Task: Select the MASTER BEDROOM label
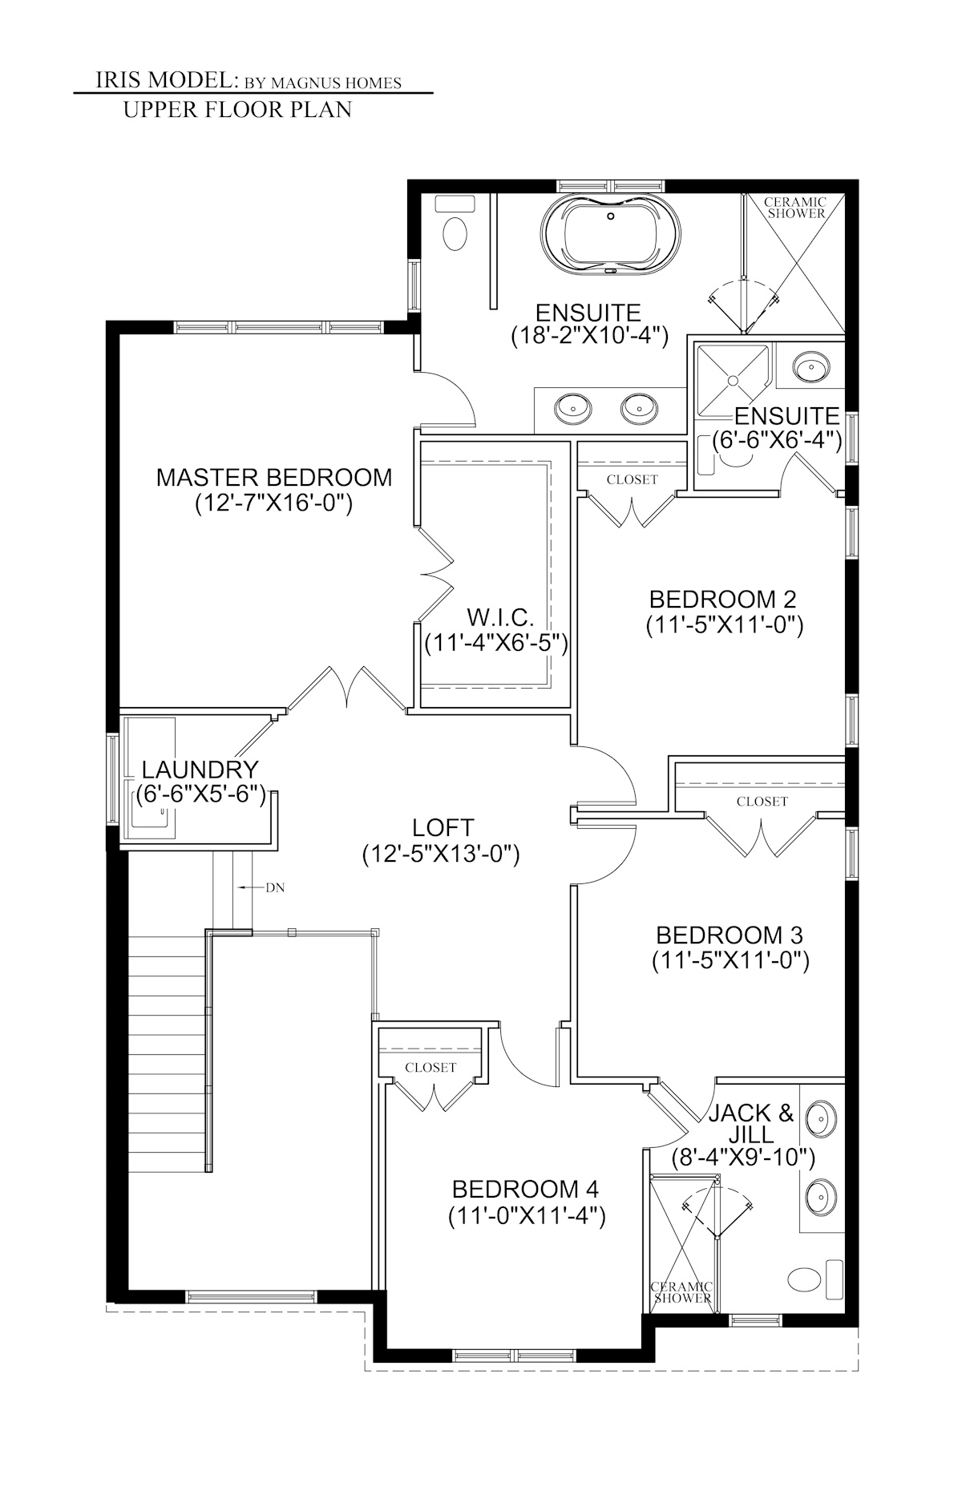point(274,478)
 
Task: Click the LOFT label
point(443,826)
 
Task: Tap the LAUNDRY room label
point(200,770)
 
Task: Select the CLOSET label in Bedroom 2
point(632,479)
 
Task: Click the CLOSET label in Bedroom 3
point(762,801)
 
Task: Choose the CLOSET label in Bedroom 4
point(430,1067)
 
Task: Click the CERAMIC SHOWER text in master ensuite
point(795,208)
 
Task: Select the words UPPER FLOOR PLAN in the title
point(237,110)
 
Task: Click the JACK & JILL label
point(750,1123)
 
